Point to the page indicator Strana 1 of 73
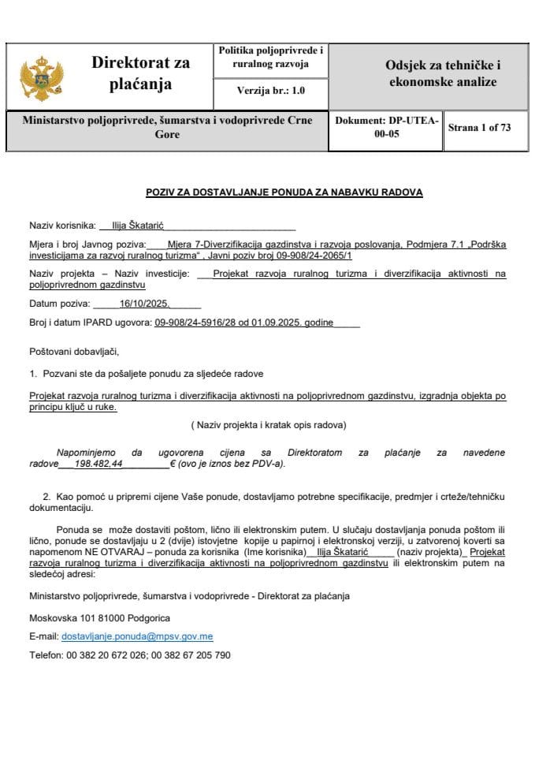(478, 128)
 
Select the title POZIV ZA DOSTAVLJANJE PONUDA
(284, 192)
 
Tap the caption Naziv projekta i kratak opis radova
(268, 425)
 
